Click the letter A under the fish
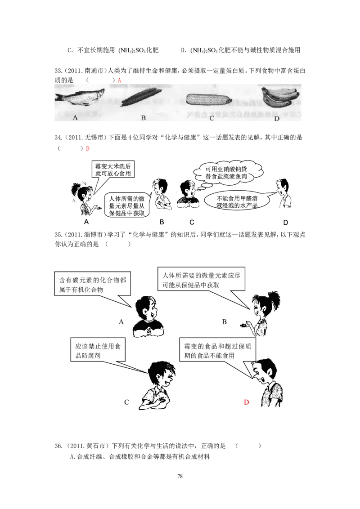[75, 117]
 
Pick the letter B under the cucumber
[144, 118]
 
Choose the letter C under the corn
[211, 118]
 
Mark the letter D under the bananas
[276, 119]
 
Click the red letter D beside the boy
[246, 402]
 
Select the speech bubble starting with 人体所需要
[201, 279]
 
